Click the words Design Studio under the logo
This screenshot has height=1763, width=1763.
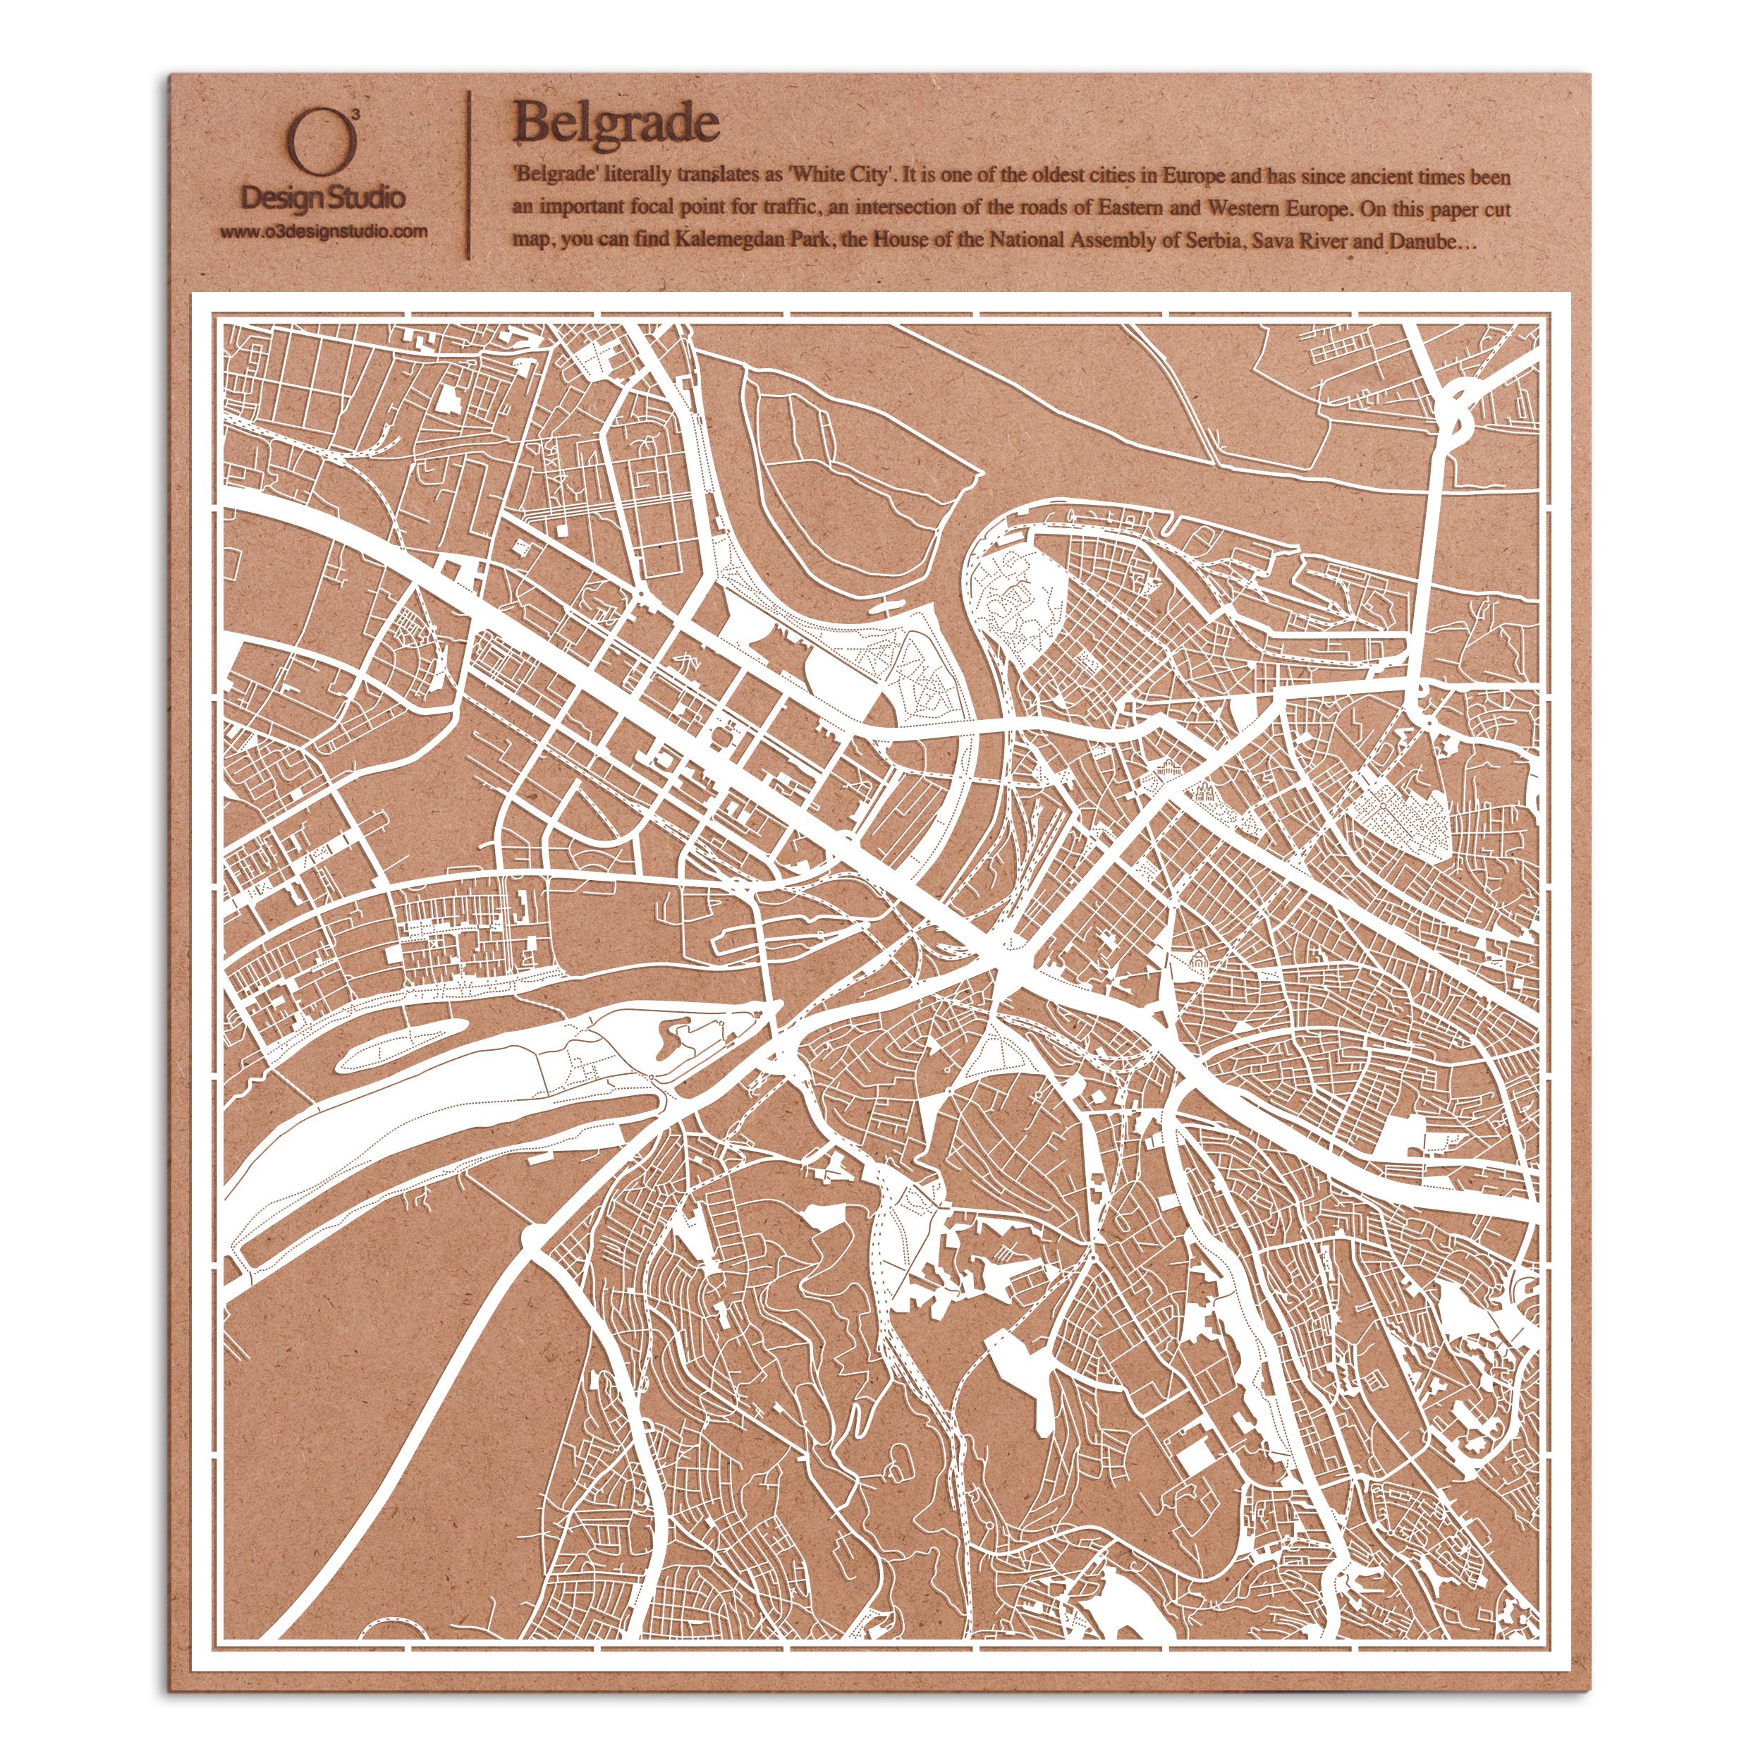323,197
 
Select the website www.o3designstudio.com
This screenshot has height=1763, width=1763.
323,232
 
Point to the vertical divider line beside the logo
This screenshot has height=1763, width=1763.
469,173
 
